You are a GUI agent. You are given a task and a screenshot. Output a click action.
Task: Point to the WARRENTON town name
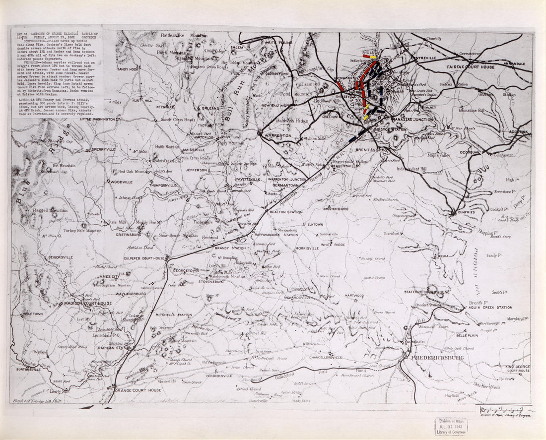278,135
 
